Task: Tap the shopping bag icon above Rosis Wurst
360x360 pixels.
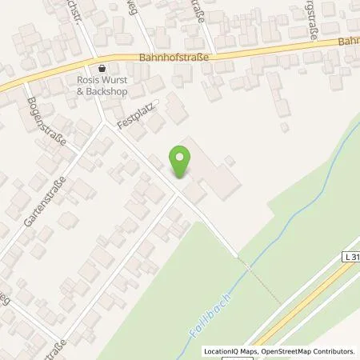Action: (102, 69)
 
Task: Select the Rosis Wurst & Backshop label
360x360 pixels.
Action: (102, 86)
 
